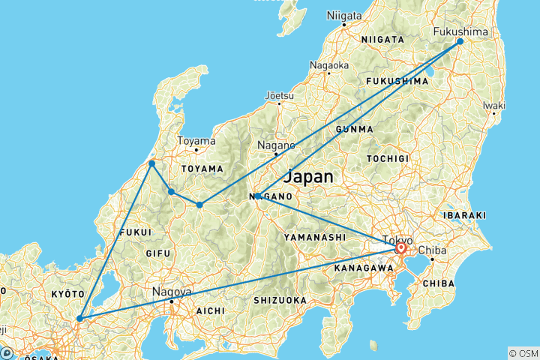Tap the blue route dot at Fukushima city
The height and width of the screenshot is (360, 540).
[x=460, y=42]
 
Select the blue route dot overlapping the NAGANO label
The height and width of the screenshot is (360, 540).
[x=257, y=196]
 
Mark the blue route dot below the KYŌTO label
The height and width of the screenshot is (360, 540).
[x=79, y=318]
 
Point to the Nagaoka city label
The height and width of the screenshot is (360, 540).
[x=328, y=65]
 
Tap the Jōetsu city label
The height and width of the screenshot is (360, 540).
[x=280, y=95]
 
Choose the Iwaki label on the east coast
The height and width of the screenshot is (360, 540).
[x=493, y=105]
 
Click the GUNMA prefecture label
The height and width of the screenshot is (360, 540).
[x=355, y=129]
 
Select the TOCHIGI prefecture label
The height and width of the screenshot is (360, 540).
[x=388, y=159]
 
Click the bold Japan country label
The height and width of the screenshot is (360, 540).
[x=310, y=178]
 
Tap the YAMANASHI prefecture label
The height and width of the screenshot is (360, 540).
[x=315, y=237]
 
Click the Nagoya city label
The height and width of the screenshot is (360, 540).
[x=172, y=292]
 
